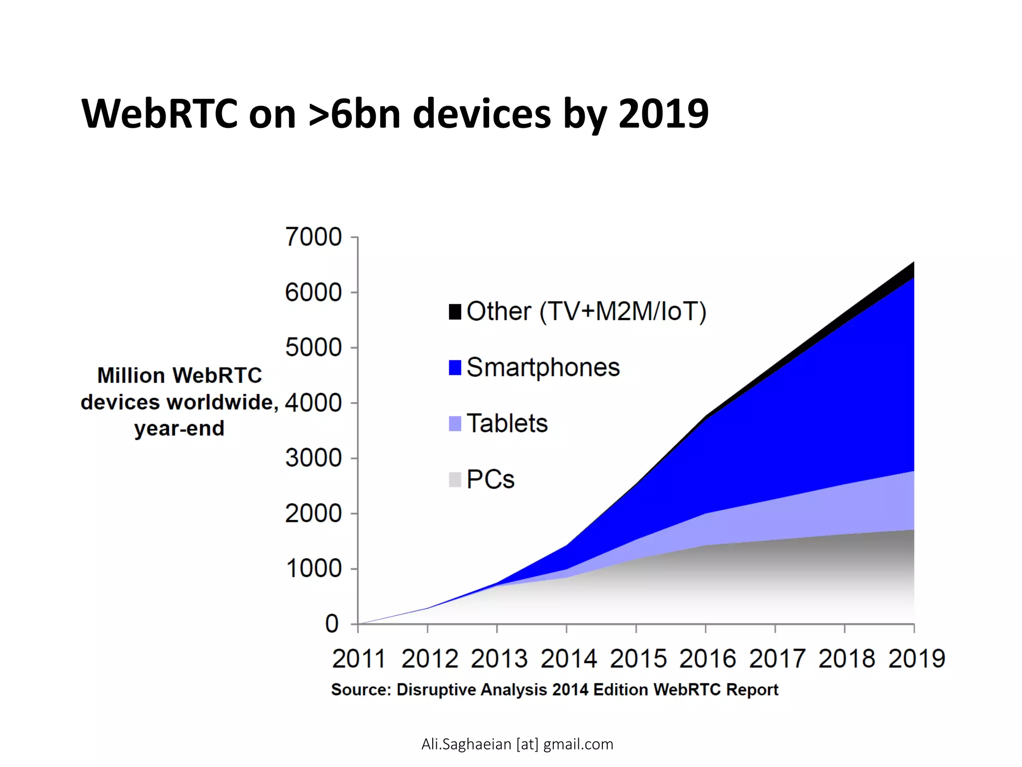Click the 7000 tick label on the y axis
313,237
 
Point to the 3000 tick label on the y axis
313,458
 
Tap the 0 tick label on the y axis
332,624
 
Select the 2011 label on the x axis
359,659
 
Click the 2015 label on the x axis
638,659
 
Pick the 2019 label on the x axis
916,659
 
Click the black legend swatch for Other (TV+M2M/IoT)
455,312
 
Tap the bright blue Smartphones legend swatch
455,368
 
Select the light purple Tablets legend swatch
455,423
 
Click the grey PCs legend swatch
455,479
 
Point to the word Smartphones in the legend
543,368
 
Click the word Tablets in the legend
507,423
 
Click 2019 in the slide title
663,114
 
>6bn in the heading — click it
354,114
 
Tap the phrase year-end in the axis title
179,428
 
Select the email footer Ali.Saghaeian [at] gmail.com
517,744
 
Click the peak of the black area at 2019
913,264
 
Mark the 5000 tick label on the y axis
313,348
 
